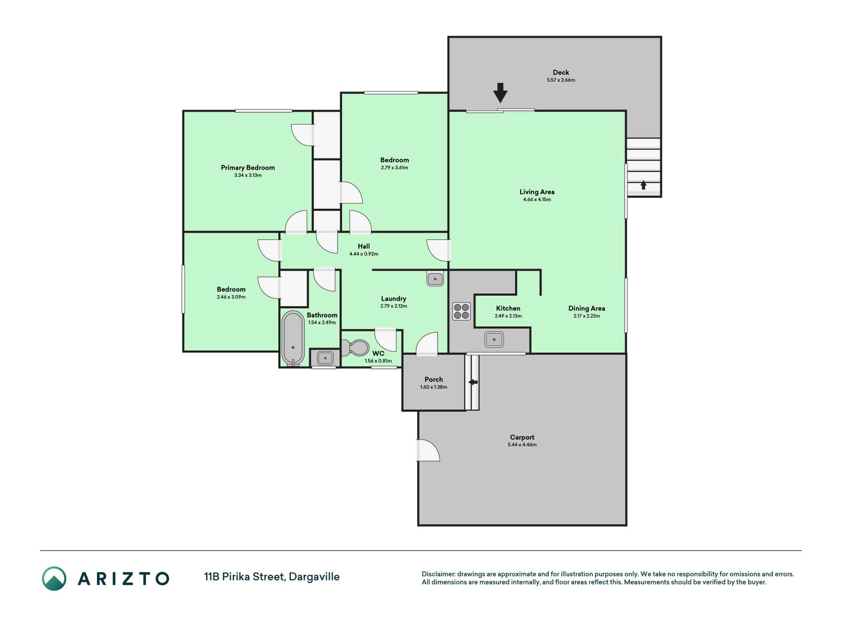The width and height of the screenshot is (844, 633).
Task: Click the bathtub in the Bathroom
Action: tap(293, 338)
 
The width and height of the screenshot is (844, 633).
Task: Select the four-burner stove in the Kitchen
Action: tap(461, 312)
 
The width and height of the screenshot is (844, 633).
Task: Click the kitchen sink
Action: tap(494, 340)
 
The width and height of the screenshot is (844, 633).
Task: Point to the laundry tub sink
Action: tap(435, 279)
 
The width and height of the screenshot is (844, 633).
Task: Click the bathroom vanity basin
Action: tap(325, 358)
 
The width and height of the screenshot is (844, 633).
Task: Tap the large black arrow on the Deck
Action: tap(500, 92)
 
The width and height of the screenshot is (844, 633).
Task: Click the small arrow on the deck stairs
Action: tap(643, 185)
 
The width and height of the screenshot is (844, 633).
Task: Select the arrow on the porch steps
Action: tap(473, 382)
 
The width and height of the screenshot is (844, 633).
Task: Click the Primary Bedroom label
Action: tap(248, 168)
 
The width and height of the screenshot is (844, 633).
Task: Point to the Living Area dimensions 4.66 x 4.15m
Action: tap(537, 200)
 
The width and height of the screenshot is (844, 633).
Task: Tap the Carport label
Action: tap(522, 437)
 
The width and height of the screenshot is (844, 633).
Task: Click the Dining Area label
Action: tap(586, 308)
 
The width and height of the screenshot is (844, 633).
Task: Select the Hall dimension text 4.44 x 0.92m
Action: tap(364, 254)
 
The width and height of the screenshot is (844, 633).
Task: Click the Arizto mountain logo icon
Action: tap(54, 579)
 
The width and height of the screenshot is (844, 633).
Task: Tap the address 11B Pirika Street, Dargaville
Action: tap(272, 577)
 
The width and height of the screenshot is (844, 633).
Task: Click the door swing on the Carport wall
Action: tap(429, 450)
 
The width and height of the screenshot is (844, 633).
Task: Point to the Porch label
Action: tap(434, 380)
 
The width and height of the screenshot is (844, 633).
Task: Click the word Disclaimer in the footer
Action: tap(438, 574)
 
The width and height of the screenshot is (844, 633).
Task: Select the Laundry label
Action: tap(394, 299)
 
